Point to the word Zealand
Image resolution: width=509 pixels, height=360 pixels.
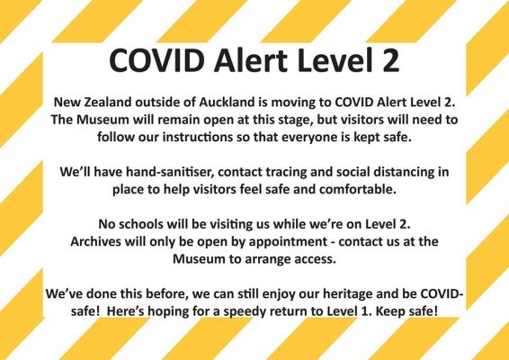coord(108,102)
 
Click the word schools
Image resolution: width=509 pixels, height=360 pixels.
coord(140,224)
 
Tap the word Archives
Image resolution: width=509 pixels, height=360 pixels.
coord(94,241)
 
